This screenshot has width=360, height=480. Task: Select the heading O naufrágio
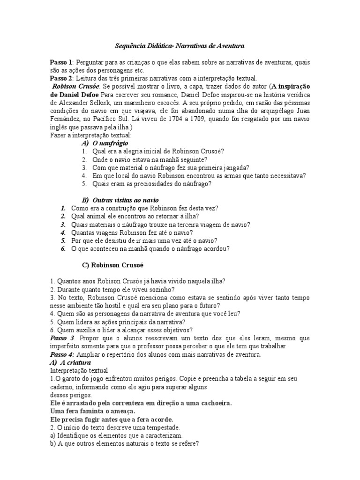point(110,143)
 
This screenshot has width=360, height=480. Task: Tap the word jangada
point(234,167)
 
